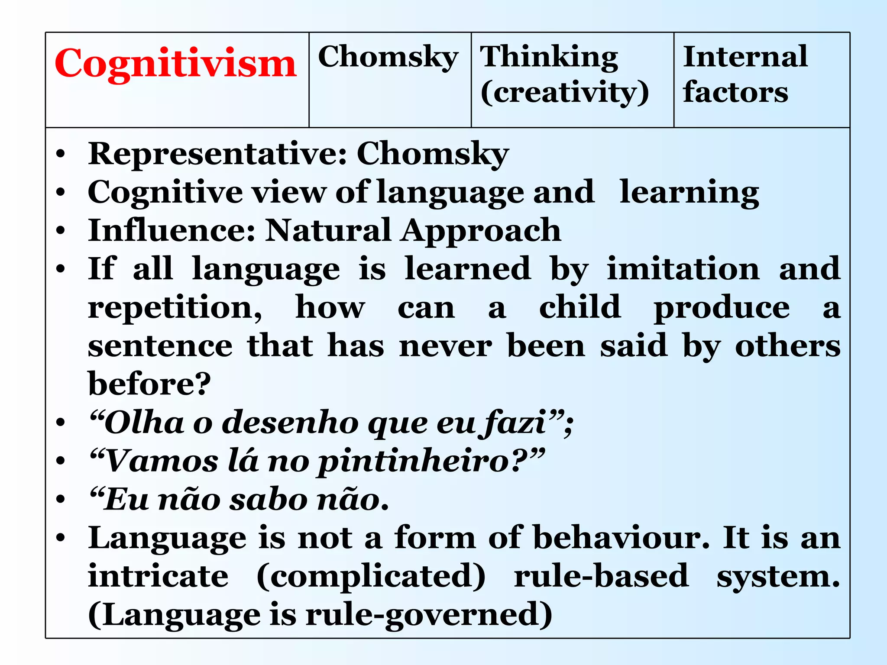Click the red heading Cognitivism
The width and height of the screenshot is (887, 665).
[175, 64]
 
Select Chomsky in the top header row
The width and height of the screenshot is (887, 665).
[388, 57]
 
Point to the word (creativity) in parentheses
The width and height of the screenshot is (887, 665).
[565, 93]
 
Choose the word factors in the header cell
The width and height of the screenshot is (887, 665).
[735, 92]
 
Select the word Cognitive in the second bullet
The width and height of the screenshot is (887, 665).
[165, 192]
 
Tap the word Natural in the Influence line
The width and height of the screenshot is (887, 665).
[328, 230]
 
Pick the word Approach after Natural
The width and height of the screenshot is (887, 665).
[481, 231]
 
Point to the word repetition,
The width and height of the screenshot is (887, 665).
[175, 308]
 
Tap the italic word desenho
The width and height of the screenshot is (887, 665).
[290, 423]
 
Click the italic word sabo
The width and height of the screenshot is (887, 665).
[269, 500]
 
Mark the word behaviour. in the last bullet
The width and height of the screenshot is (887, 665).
[621, 538]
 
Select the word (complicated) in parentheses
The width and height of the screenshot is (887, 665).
[371, 577]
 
